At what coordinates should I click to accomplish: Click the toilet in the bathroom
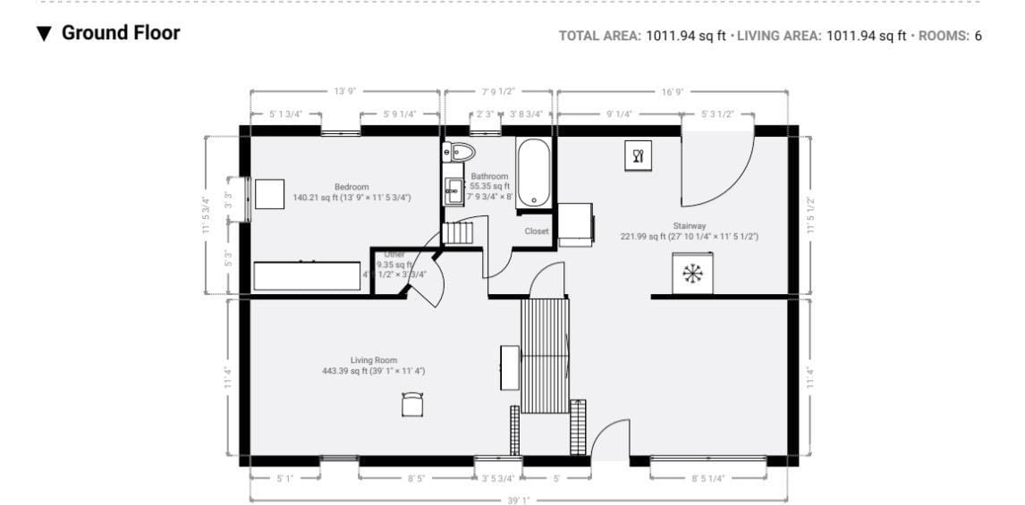(x=458, y=152)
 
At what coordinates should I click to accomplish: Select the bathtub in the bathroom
(x=533, y=173)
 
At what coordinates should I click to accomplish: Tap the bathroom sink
(x=454, y=190)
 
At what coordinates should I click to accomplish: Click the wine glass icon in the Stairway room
(x=638, y=156)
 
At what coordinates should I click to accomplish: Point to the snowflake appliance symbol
(x=691, y=274)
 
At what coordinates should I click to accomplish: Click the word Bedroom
(x=352, y=187)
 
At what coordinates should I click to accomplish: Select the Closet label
(x=537, y=231)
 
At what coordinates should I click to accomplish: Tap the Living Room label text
(x=374, y=360)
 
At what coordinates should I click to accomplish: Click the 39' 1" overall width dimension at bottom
(x=518, y=500)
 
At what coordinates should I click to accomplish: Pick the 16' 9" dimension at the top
(x=672, y=91)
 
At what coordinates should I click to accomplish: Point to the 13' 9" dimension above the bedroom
(x=344, y=91)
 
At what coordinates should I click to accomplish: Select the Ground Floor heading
(x=121, y=33)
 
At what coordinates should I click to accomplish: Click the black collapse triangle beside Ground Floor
(x=44, y=34)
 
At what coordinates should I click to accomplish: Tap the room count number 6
(x=978, y=36)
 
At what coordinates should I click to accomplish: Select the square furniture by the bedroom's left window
(x=269, y=194)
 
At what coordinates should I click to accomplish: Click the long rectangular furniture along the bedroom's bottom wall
(x=307, y=275)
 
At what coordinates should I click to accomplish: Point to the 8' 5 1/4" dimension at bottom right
(x=707, y=478)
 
